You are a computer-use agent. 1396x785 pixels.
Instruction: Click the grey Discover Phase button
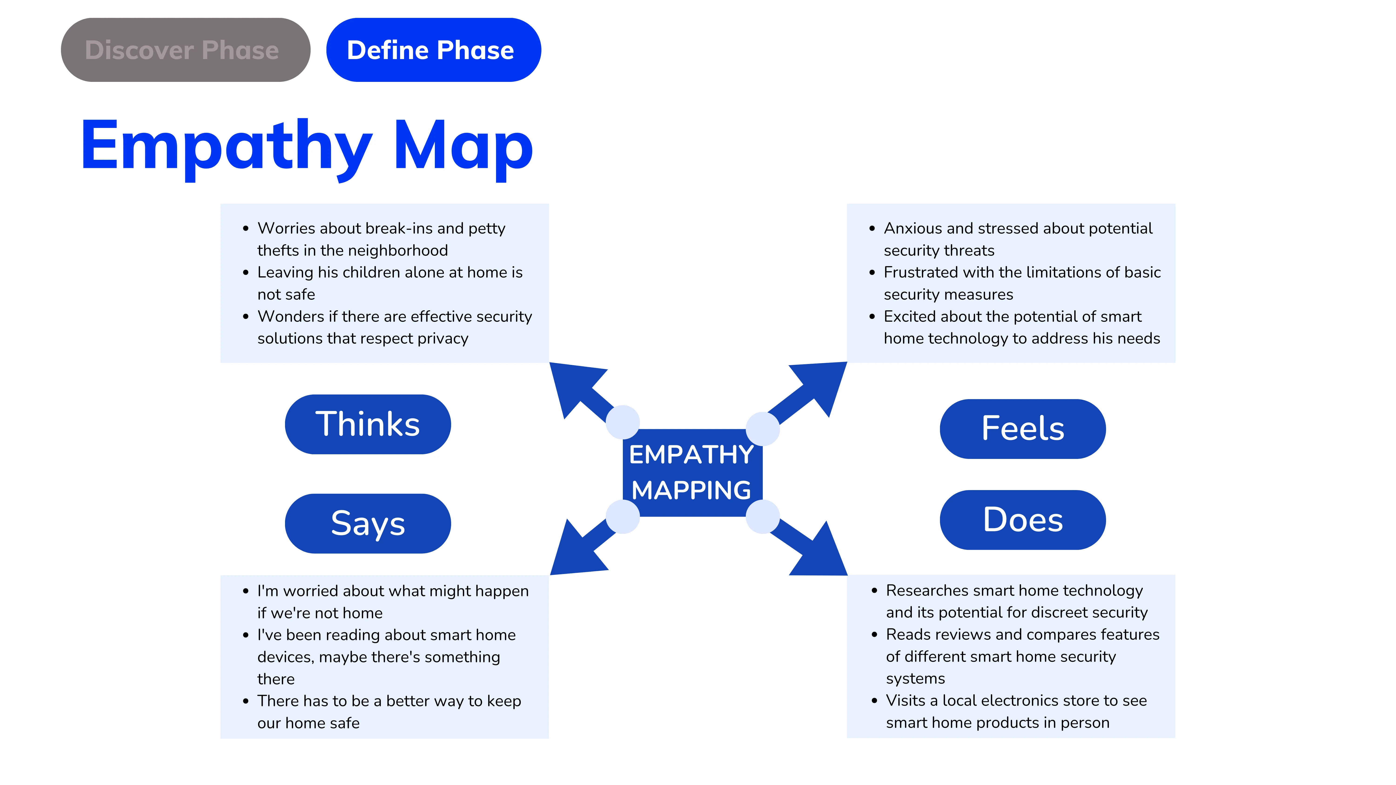[x=185, y=50]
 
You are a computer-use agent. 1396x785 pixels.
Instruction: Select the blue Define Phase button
[x=433, y=50]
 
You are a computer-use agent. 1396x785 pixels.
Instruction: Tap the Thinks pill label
[x=368, y=424]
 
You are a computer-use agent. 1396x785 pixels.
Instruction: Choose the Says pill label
[x=368, y=523]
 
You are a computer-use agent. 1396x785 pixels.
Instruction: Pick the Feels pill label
[x=1023, y=428]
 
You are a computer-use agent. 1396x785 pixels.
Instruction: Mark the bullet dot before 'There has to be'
[x=246, y=701]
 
